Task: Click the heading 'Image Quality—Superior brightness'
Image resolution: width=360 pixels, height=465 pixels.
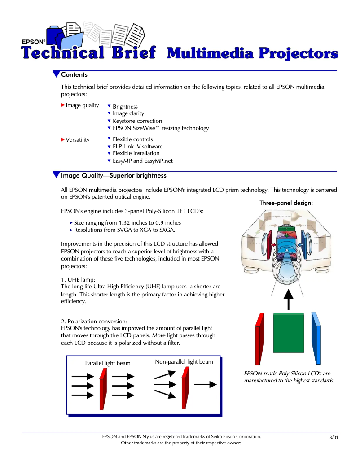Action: pyautogui.click(x=114, y=175)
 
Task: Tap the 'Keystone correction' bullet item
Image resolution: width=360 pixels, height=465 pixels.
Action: pyautogui.click(x=137, y=121)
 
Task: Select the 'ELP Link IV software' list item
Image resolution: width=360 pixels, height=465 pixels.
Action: pyautogui.click(x=137, y=147)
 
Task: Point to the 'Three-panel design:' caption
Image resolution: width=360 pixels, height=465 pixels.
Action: pyautogui.click(x=286, y=203)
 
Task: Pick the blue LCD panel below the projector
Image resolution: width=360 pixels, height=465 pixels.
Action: pyautogui.click(x=316, y=338)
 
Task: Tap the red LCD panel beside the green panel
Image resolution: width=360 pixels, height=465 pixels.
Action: pyautogui.click(x=259, y=339)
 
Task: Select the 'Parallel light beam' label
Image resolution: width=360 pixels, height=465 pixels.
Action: pyautogui.click(x=108, y=363)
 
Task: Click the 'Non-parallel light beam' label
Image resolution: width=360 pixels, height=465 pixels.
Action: pyautogui.click(x=184, y=362)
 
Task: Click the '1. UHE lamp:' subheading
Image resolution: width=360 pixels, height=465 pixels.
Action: pyautogui.click(x=78, y=280)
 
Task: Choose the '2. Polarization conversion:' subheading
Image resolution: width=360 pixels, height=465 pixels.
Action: pyautogui.click(x=94, y=321)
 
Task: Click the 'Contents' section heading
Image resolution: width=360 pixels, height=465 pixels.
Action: pyautogui.click(x=74, y=74)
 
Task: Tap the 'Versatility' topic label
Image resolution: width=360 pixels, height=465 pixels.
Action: pyautogui.click(x=78, y=140)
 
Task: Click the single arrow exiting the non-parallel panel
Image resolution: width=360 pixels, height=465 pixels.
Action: pyautogui.click(x=205, y=385)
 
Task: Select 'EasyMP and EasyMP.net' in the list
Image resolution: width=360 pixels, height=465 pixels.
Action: pyautogui.click(x=142, y=161)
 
